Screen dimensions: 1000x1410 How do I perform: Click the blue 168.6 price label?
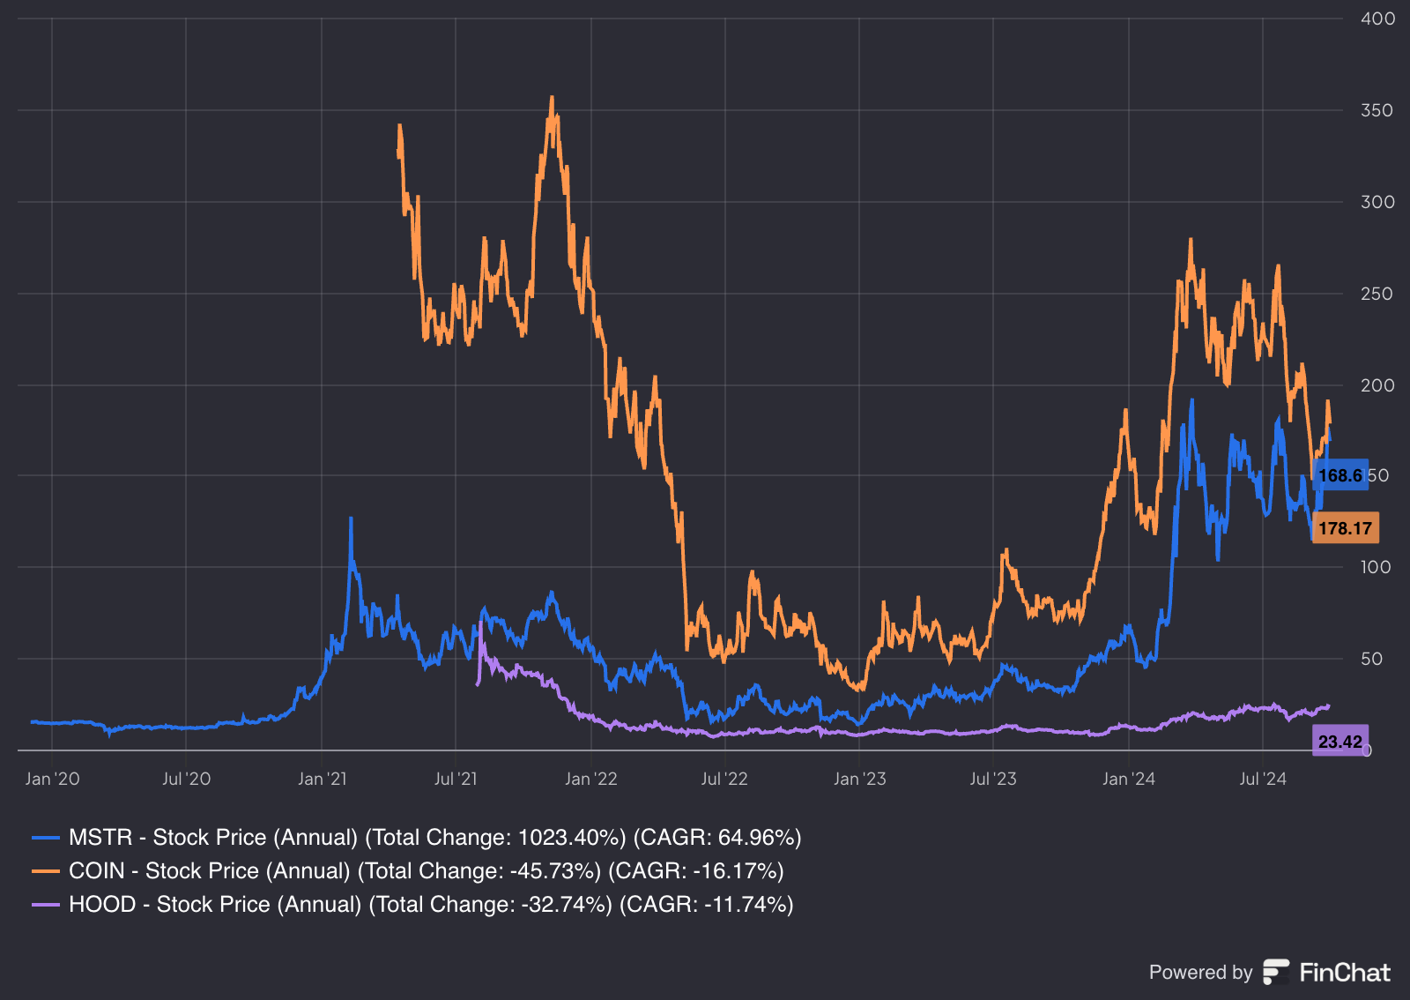pyautogui.click(x=1339, y=476)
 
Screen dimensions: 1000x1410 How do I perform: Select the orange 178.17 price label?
pyautogui.click(x=1345, y=528)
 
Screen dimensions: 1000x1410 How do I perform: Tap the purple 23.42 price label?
pyautogui.click(x=1339, y=742)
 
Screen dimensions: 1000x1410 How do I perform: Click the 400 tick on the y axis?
pyautogui.click(x=1377, y=19)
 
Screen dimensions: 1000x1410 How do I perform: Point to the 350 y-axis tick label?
pyautogui.click(x=1377, y=110)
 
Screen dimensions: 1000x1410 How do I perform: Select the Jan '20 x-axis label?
pyautogui.click(x=52, y=779)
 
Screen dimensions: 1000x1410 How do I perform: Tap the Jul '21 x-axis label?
pyautogui.click(x=456, y=779)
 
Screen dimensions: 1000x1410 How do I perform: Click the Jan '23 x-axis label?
pyautogui.click(x=859, y=779)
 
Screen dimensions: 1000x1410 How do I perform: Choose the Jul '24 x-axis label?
pyautogui.click(x=1262, y=779)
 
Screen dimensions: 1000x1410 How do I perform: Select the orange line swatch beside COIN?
pyautogui.click(x=45, y=871)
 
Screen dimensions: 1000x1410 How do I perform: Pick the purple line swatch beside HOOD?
pyautogui.click(x=45, y=905)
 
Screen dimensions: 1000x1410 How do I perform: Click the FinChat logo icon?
pyautogui.click(x=1275, y=972)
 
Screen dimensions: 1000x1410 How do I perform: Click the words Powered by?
pyautogui.click(x=1200, y=973)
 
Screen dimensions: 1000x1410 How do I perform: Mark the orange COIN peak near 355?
pyautogui.click(x=552, y=99)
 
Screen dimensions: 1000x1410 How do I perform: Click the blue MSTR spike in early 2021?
pyautogui.click(x=351, y=520)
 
